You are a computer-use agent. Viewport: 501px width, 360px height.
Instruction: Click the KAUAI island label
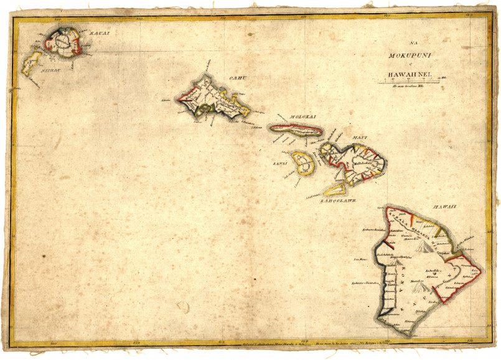(99, 32)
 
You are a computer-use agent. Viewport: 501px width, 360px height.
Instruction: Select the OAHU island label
(235, 78)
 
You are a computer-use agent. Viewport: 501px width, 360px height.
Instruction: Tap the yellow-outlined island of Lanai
(302, 163)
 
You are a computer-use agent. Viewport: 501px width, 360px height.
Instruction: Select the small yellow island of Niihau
(31, 63)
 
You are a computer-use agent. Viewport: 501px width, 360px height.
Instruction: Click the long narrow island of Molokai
(296, 131)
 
